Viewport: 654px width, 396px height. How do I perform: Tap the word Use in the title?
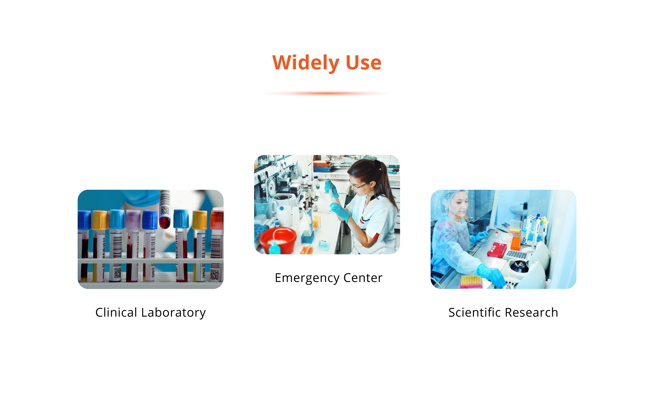coord(363,63)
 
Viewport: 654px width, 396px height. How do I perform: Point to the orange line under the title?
coord(327,93)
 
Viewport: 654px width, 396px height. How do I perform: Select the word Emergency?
coord(307,278)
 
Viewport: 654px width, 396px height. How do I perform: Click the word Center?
coord(363,278)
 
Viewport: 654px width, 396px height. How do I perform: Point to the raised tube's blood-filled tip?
coord(165,223)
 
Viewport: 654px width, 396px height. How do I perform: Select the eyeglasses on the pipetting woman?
coord(357,185)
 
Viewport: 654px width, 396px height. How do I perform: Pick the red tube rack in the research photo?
coord(497,250)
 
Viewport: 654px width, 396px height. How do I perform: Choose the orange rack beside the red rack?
coord(516,243)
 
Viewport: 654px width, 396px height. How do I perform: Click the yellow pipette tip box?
coord(471,281)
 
